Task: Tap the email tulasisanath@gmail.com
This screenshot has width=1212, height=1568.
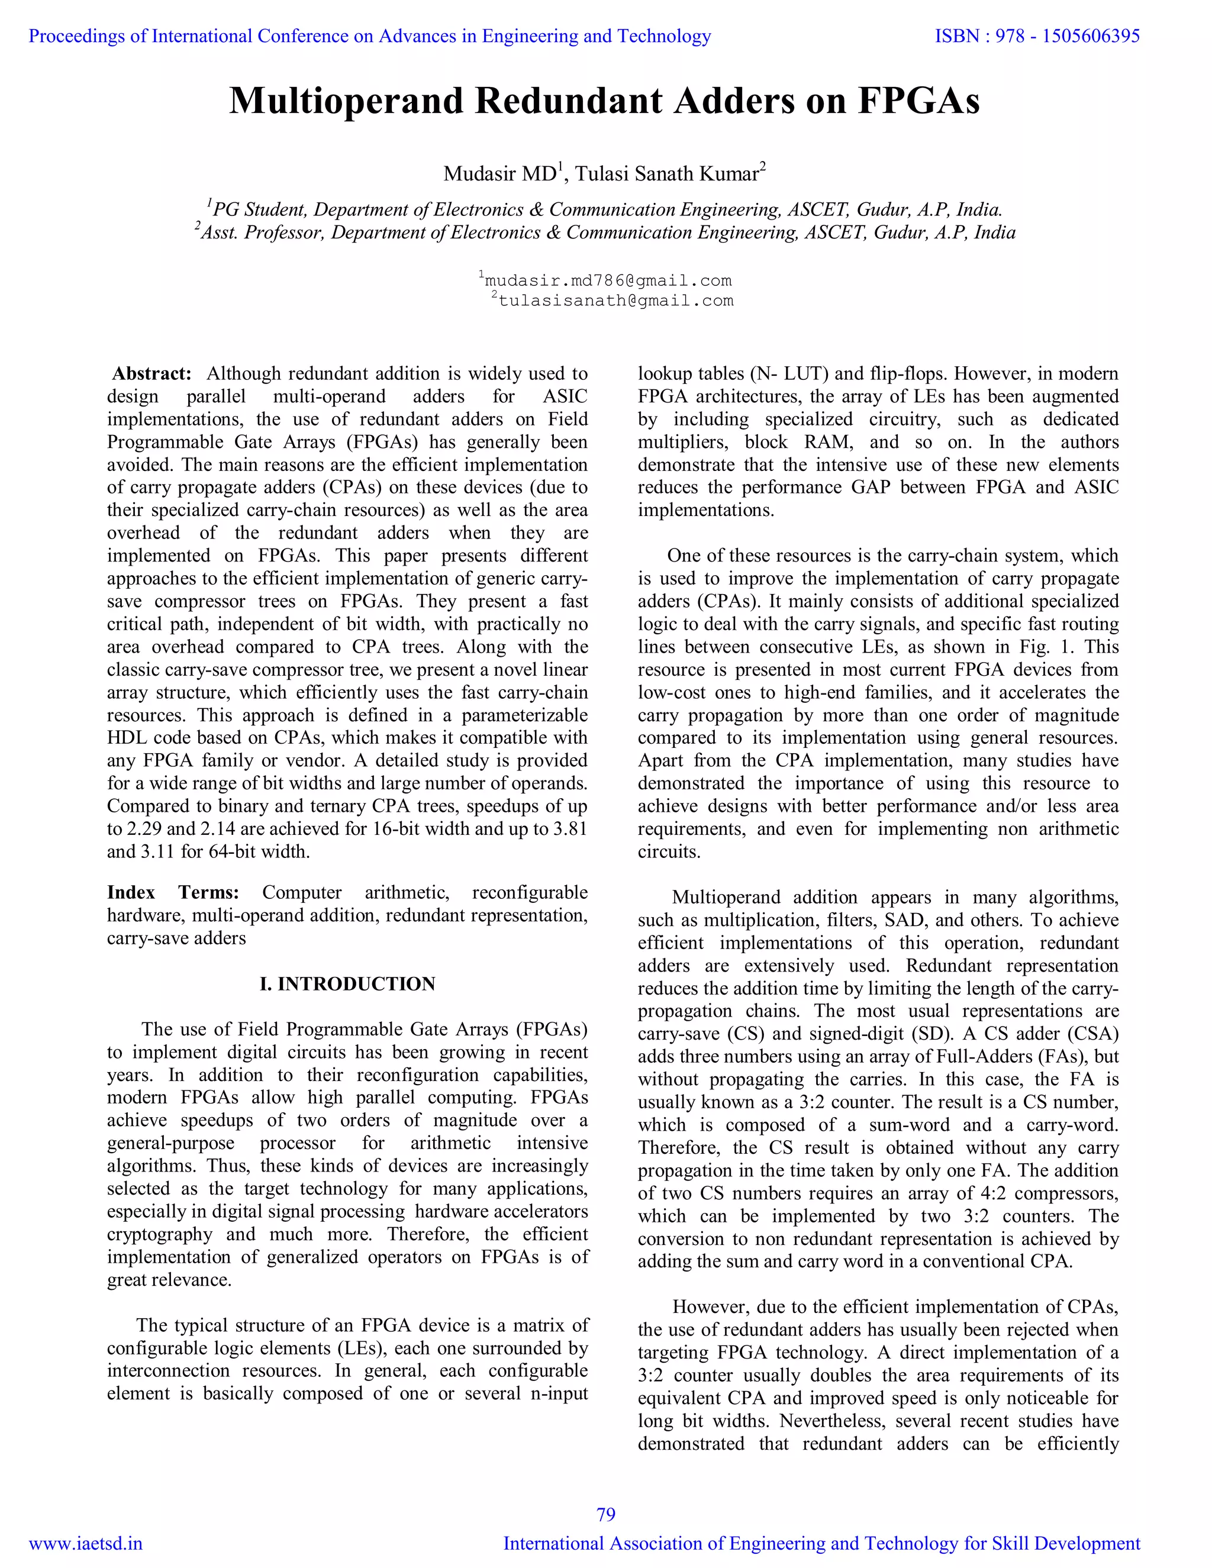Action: [615, 301]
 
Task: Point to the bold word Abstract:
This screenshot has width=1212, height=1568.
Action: [151, 373]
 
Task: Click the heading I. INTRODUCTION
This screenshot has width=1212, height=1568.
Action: [347, 983]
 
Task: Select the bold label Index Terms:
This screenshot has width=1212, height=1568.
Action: [172, 892]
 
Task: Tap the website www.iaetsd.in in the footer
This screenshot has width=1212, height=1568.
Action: [85, 1544]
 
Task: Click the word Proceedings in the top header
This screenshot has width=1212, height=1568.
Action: [77, 36]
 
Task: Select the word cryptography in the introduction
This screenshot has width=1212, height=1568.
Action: [159, 1234]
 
